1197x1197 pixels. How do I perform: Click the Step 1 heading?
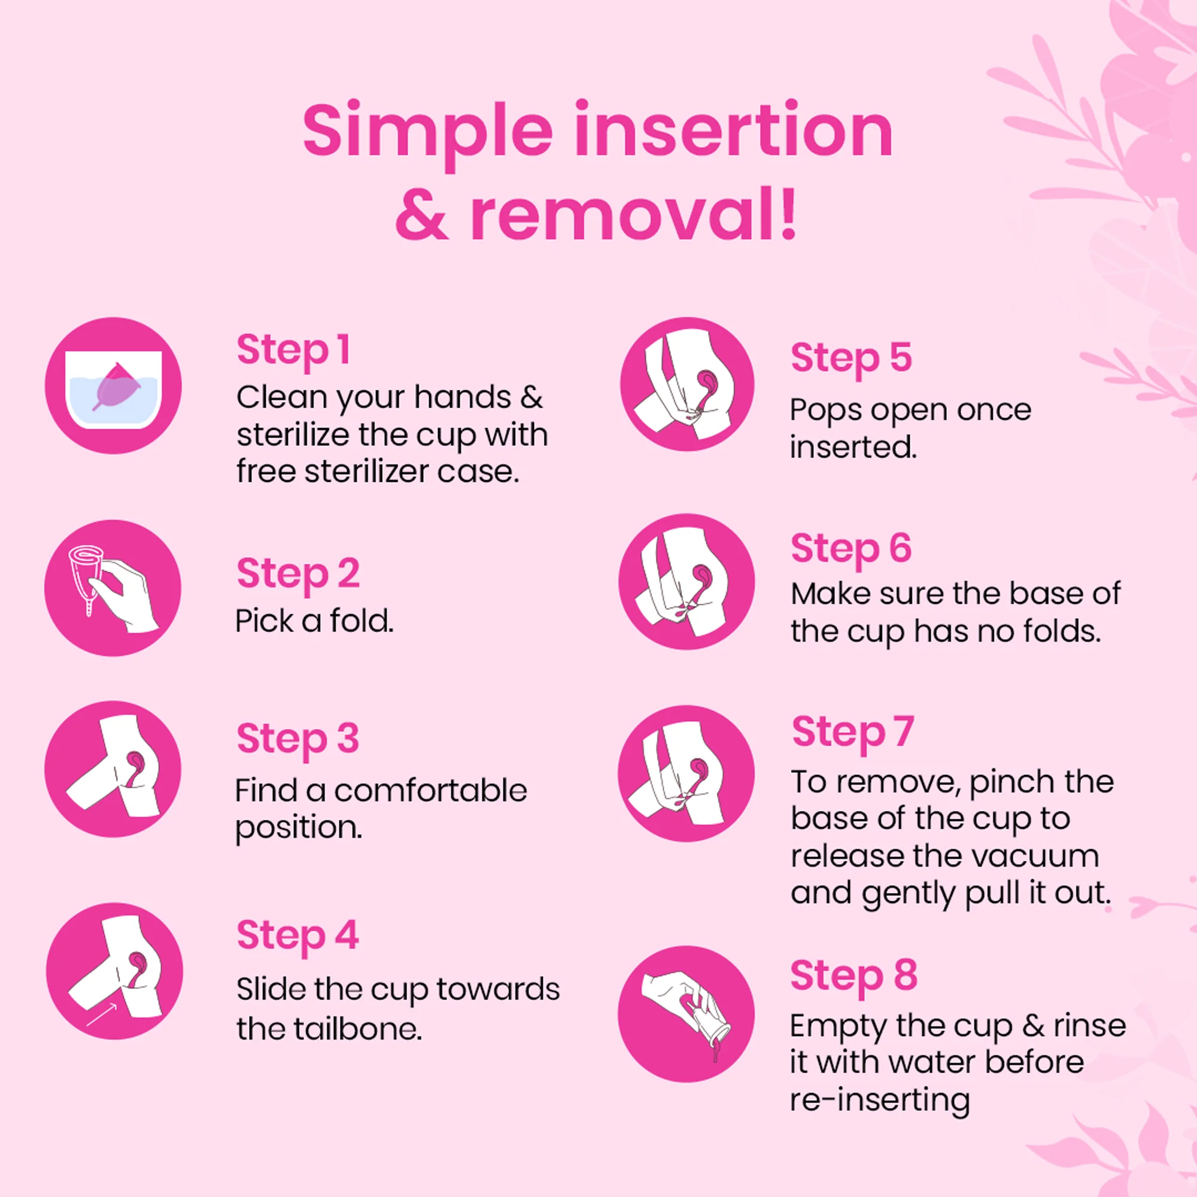pyautogui.click(x=294, y=350)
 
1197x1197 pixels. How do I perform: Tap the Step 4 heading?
pyautogui.click(x=297, y=935)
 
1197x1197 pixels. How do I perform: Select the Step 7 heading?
pyautogui.click(x=852, y=733)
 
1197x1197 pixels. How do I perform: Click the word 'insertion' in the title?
pyautogui.click(x=734, y=131)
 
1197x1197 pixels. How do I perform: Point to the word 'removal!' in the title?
pyautogui.click(x=633, y=215)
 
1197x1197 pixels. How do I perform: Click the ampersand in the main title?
pyautogui.click(x=421, y=216)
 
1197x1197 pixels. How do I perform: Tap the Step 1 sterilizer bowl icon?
pyautogui.click(x=113, y=386)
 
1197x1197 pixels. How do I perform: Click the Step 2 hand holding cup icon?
pyautogui.click(x=113, y=587)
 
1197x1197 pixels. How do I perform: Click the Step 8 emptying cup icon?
pyautogui.click(x=686, y=1014)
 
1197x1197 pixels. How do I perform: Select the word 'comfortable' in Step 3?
pyautogui.click(x=430, y=791)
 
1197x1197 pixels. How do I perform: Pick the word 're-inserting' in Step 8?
pyautogui.click(x=880, y=1101)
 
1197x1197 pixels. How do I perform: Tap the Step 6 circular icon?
pyautogui.click(x=686, y=582)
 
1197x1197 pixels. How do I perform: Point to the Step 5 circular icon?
pyautogui.click(x=687, y=385)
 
